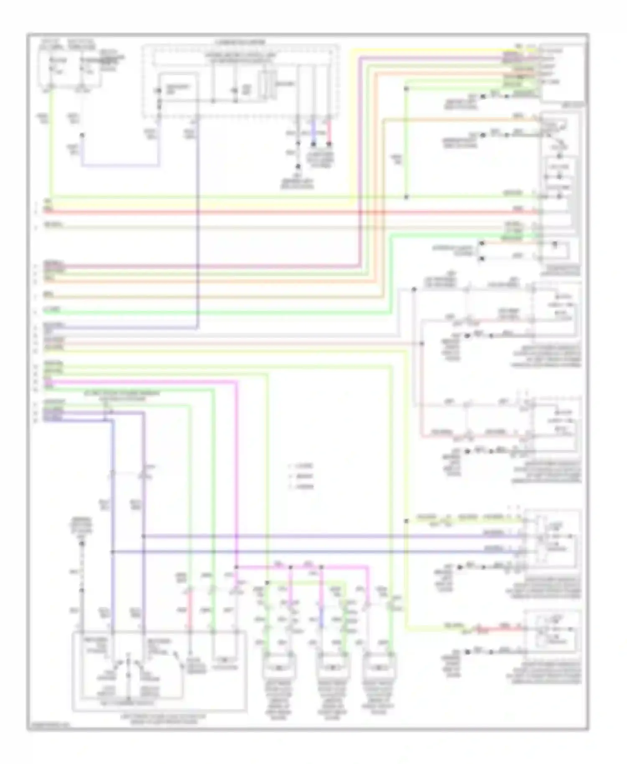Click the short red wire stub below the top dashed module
tap(329, 132)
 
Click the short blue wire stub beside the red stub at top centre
tap(313, 132)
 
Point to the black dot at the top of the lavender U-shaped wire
tap(82, 135)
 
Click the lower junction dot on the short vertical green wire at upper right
tap(406, 196)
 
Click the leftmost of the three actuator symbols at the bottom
tap(279, 667)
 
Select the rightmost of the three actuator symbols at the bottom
tap(380, 667)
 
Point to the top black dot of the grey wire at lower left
tap(82, 544)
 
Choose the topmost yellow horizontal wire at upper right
tap(439, 50)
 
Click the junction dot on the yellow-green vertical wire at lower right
tap(406, 521)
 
